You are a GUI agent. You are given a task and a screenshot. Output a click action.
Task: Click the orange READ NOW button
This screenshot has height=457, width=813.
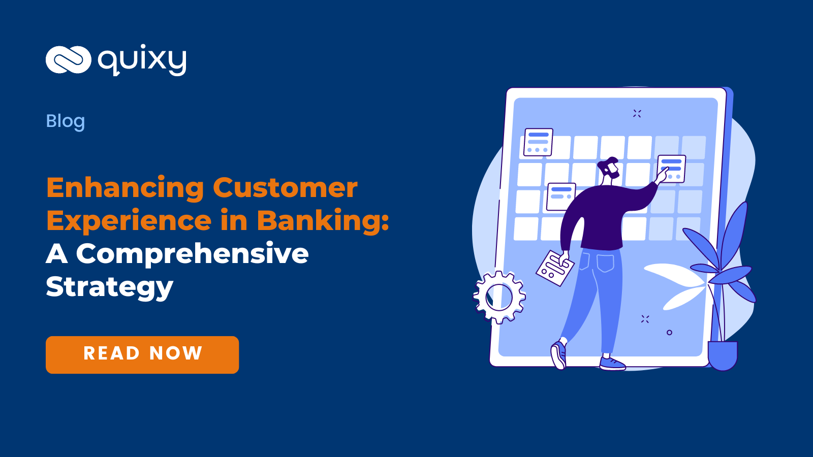(142, 354)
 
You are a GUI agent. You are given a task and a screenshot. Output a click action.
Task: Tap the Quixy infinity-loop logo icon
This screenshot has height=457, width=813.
(68, 60)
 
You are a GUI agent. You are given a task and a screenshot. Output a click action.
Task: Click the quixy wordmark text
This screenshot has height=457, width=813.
(142, 61)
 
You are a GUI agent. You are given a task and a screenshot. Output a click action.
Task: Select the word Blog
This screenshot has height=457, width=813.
(66, 121)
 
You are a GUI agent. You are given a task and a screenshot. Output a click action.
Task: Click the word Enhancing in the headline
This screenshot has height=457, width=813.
(125, 188)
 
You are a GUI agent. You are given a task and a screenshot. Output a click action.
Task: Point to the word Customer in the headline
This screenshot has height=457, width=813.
(285, 188)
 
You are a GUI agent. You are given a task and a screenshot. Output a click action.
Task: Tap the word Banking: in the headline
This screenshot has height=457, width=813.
(323, 221)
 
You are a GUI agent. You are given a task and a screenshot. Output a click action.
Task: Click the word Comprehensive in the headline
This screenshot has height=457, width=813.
(192, 253)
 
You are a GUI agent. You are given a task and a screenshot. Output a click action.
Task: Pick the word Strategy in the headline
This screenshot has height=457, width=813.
(110, 287)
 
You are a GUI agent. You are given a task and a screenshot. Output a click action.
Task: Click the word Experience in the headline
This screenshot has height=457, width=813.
(129, 221)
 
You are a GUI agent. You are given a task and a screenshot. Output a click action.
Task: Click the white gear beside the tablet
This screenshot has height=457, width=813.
(499, 297)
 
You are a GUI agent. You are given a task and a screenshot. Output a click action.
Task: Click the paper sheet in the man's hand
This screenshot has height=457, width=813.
(554, 268)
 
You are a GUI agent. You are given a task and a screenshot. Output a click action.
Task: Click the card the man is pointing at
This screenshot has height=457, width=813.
(672, 168)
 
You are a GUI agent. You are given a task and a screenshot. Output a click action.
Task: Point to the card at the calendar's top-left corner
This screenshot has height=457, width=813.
(538, 142)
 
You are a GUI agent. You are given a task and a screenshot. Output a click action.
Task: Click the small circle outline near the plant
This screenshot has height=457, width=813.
(669, 333)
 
